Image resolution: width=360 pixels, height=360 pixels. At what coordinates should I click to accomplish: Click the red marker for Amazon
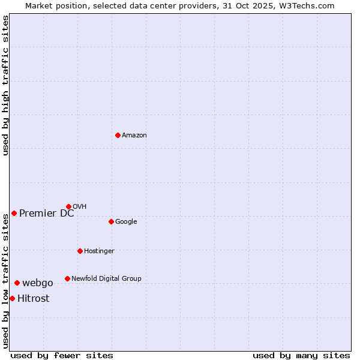click(118, 135)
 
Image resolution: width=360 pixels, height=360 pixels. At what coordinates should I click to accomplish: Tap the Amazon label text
click(134, 136)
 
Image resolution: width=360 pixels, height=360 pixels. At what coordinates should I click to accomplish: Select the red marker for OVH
click(68, 206)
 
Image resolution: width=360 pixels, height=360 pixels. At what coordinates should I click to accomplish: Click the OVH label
click(80, 207)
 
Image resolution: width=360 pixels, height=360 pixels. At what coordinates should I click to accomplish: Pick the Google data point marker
click(111, 221)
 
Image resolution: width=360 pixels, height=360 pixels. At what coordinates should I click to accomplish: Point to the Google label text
click(126, 222)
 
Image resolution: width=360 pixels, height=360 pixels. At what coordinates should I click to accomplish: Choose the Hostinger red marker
click(80, 251)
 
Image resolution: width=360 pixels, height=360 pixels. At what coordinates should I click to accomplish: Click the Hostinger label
click(99, 251)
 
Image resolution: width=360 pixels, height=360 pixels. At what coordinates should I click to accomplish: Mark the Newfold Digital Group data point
click(67, 278)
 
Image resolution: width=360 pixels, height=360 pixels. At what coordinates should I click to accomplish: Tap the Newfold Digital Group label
click(106, 279)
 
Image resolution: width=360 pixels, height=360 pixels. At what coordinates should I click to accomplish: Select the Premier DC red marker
click(14, 213)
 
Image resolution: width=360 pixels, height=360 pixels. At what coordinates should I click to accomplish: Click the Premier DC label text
click(47, 214)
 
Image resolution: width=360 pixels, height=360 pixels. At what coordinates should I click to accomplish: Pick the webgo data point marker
click(17, 283)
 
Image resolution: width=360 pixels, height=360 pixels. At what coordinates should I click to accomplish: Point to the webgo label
click(38, 283)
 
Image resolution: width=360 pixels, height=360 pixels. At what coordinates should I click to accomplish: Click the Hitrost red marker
click(12, 298)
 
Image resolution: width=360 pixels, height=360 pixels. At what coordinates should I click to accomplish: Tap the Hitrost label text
click(34, 299)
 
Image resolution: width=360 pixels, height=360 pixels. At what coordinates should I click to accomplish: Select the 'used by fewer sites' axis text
click(62, 355)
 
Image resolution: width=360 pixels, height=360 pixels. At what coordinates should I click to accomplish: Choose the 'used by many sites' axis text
click(301, 355)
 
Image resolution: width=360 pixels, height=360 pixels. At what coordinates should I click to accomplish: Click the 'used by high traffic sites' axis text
click(6, 85)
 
